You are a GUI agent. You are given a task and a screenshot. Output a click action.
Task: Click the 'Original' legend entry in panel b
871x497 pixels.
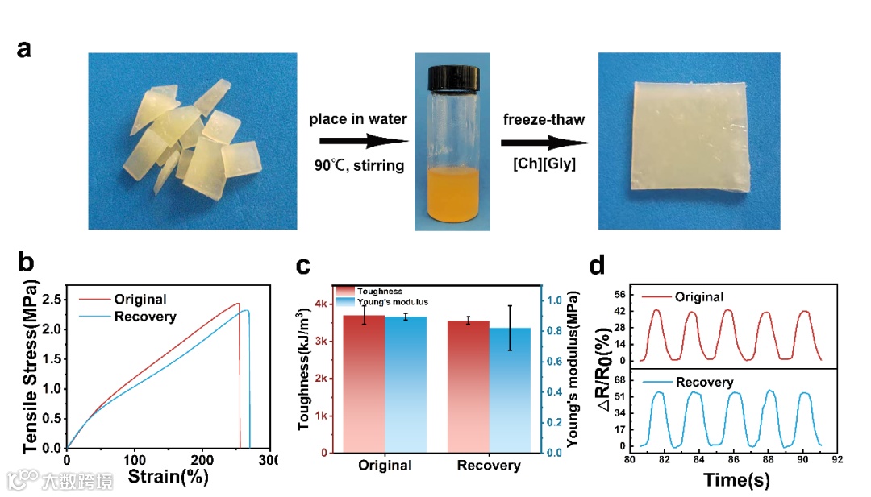coord(140,300)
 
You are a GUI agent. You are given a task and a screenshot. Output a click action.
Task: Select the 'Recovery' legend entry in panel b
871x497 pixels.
coord(145,317)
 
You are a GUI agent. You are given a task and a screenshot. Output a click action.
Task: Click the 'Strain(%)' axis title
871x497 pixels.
coord(168,476)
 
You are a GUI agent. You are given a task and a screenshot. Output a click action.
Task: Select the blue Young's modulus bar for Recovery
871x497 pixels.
coord(511,390)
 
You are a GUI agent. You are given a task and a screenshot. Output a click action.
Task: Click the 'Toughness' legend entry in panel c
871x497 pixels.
coord(380,291)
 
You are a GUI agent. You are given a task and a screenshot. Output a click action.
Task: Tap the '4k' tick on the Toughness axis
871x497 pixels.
coord(321,304)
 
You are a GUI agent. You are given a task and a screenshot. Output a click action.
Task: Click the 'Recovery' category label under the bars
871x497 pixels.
coord(489,466)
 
